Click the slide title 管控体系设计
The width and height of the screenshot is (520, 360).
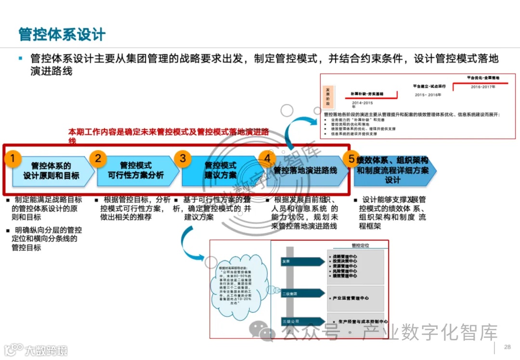pyautogui.click(x=62, y=35)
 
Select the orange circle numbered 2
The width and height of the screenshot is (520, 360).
pyautogui.click(x=98, y=158)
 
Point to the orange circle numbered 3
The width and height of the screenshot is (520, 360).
pyautogui.click(x=182, y=158)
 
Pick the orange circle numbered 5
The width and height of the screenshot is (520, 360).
pyautogui.click(x=351, y=158)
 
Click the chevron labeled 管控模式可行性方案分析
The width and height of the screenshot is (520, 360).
pyautogui.click(x=136, y=170)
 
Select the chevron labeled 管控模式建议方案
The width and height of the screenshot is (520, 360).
pyautogui.click(x=221, y=170)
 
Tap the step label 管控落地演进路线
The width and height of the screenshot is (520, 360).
pyautogui.click(x=305, y=170)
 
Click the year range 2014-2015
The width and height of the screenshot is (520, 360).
pyautogui.click(x=362, y=103)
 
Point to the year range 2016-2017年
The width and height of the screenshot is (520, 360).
pyautogui.click(x=483, y=87)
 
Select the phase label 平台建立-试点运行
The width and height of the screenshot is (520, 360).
pyautogui.click(x=429, y=86)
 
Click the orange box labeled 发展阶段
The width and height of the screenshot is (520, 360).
pyautogui.click(x=328, y=96)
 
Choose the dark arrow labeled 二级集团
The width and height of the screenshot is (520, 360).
pyautogui.click(x=302, y=293)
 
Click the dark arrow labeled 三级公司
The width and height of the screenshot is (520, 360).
pyautogui.click(x=302, y=321)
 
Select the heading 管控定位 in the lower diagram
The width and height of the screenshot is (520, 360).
pyautogui.click(x=360, y=245)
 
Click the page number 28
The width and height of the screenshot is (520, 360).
pyautogui.click(x=507, y=347)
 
